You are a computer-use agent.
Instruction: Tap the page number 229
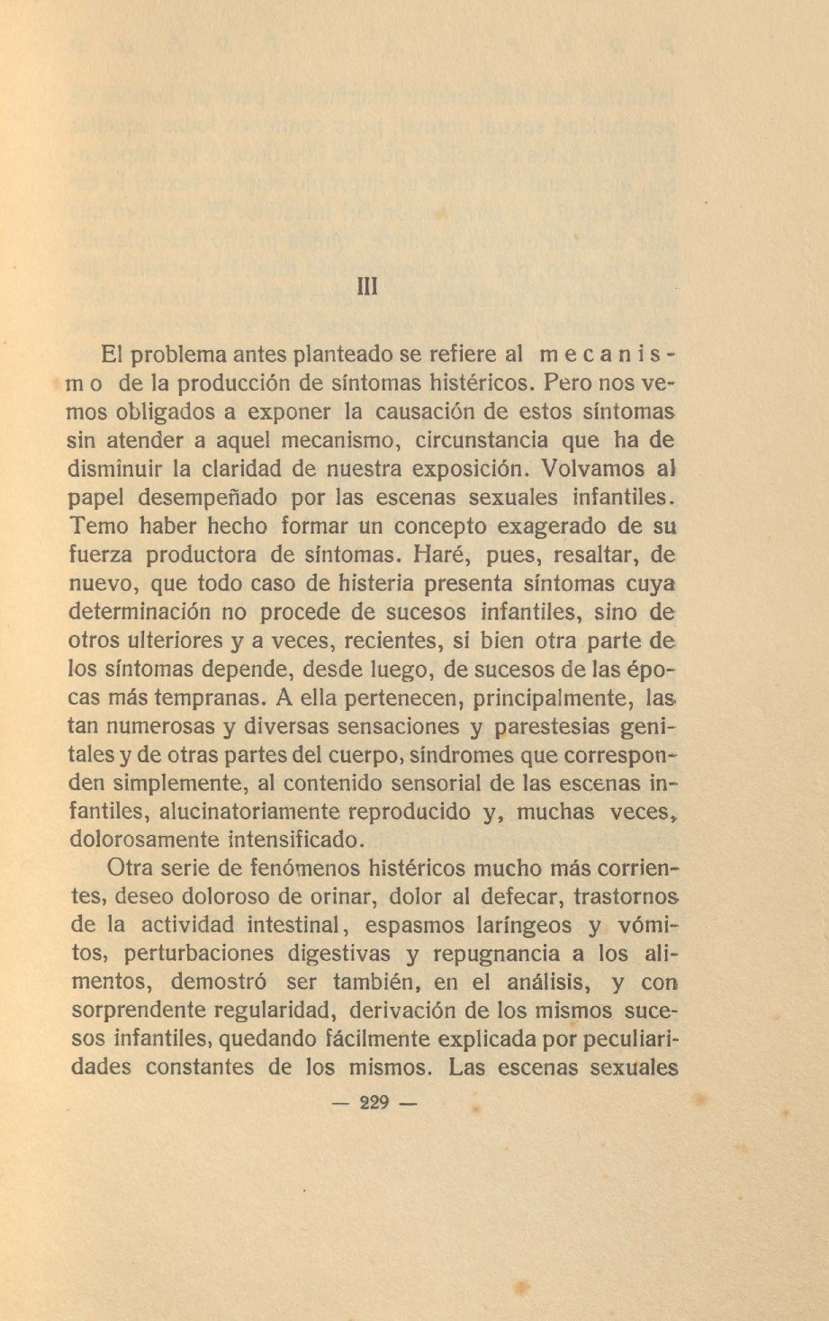click(373, 1102)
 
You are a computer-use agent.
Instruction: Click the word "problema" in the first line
click(176, 356)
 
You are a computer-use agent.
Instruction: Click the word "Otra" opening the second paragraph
click(132, 868)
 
